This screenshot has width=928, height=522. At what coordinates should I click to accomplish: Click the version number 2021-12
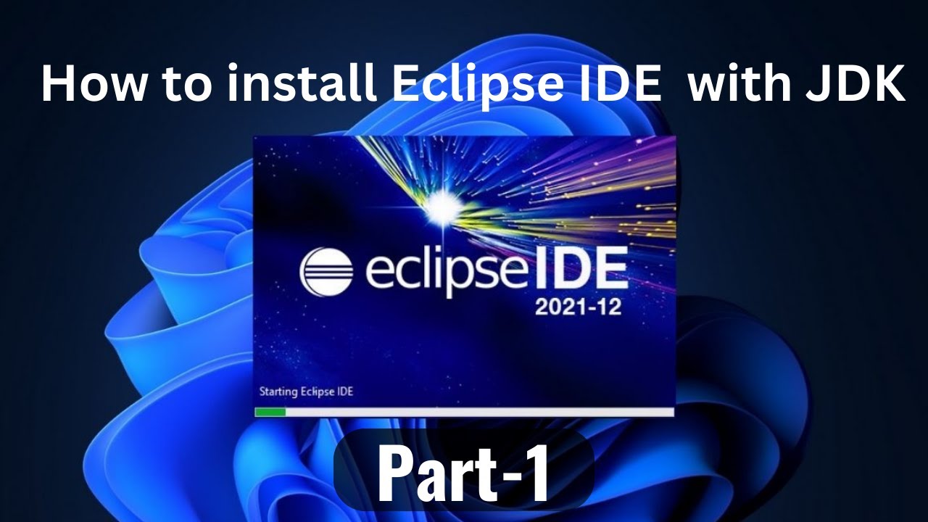pyautogui.click(x=578, y=307)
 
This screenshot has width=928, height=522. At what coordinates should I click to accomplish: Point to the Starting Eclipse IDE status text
pyautogui.click(x=306, y=392)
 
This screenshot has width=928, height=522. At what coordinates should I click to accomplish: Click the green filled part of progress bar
pyautogui.click(x=270, y=412)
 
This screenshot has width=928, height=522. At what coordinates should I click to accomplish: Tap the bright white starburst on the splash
pyautogui.click(x=439, y=209)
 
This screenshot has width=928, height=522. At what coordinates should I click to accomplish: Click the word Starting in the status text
pyautogui.click(x=278, y=392)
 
